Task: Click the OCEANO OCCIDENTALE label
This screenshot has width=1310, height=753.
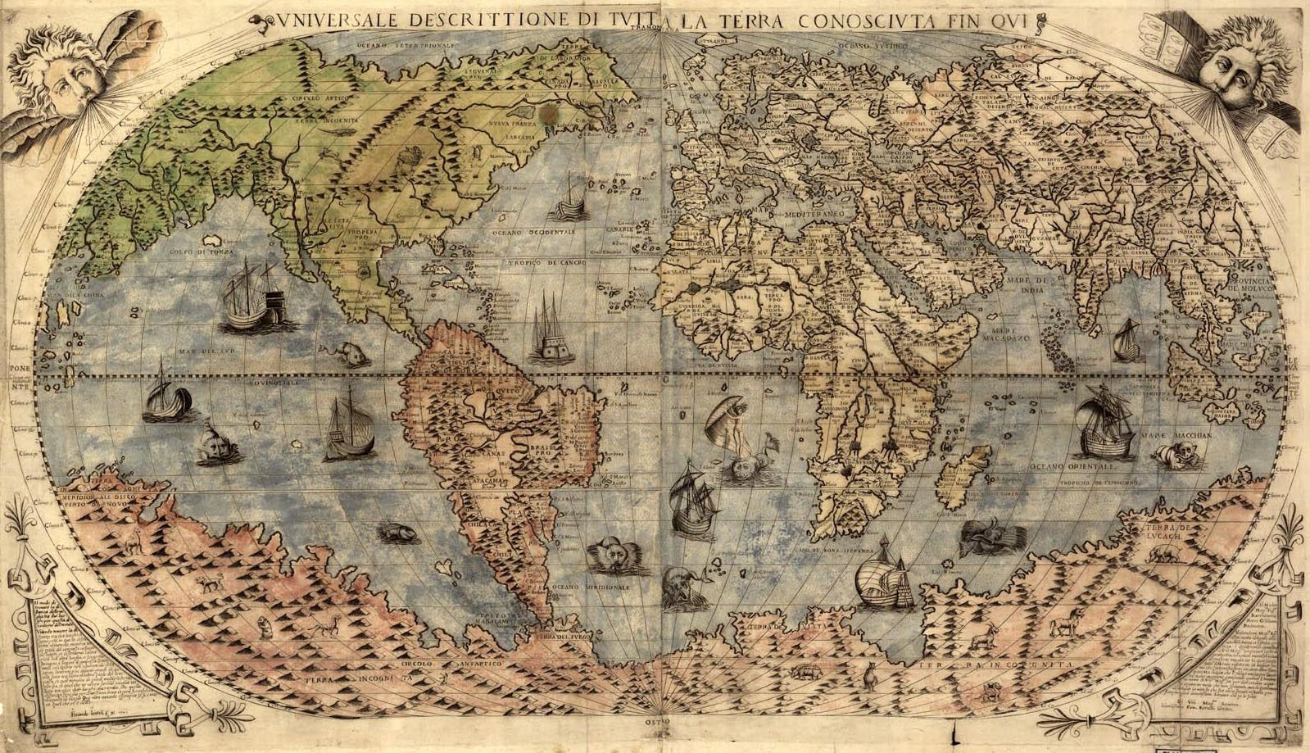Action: click(535, 232)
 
